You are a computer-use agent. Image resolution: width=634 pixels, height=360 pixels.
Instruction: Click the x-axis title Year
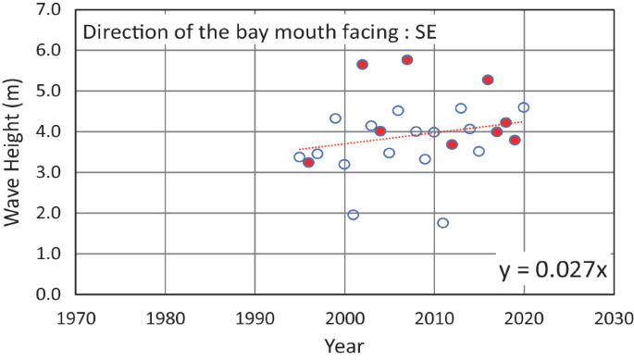coord(344,346)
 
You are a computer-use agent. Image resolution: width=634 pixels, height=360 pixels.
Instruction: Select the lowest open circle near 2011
coord(442,223)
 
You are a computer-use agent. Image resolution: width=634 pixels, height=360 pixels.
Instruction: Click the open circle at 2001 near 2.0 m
coord(353,215)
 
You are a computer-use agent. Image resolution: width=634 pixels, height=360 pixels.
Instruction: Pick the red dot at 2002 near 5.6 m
coord(362,65)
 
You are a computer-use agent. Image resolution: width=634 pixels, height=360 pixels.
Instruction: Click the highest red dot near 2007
coord(407,59)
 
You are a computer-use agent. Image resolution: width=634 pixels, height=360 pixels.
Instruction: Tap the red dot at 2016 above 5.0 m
coord(488,80)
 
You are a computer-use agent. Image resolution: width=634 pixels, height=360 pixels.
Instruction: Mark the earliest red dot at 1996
coord(308,162)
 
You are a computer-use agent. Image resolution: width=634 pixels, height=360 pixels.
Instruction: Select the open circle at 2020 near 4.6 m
coord(524,107)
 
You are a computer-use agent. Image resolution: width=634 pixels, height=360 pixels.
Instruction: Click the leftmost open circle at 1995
coord(299,157)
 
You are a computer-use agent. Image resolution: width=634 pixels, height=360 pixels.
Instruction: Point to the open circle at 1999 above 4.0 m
coord(335,118)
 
